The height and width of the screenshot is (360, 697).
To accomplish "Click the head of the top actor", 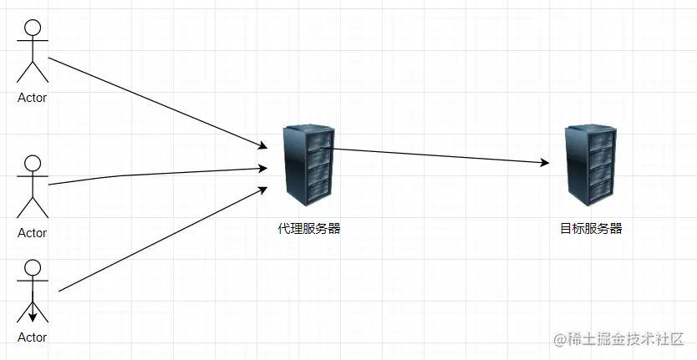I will [33, 27].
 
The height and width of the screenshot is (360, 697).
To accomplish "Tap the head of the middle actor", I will [33, 163].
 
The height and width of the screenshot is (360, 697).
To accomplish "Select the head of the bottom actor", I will [33, 267].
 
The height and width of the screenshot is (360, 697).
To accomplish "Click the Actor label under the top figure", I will [33, 97].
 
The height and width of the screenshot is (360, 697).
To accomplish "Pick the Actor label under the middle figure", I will [33, 233].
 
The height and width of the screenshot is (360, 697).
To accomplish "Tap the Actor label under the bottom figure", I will [33, 337].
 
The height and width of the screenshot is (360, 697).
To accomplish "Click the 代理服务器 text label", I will [309, 228].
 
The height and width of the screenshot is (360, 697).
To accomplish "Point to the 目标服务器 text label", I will [591, 228].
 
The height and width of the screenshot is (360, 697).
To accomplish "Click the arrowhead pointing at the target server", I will [545, 163].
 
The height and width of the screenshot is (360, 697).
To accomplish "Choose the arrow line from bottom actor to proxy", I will [159, 241].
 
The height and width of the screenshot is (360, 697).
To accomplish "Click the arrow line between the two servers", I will [435, 155].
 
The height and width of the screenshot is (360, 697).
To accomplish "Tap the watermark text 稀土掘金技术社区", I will [622, 340].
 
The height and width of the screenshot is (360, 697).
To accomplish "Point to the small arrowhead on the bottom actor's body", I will [33, 316].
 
